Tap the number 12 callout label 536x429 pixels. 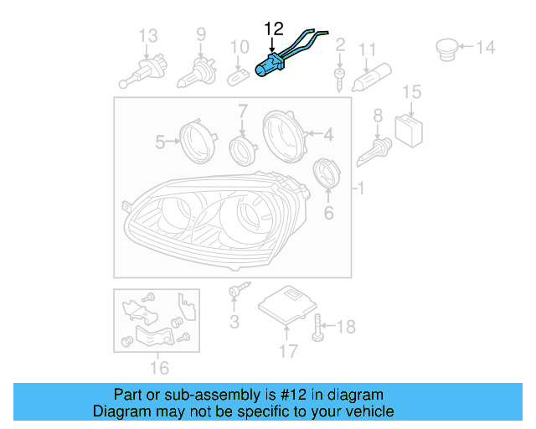[x=274, y=29]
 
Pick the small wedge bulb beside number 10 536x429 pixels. [x=238, y=76]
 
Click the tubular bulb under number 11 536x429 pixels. [x=368, y=79]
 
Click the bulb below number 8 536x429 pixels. [x=374, y=152]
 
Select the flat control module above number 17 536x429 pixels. [x=288, y=307]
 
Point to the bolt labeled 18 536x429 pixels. [x=318, y=326]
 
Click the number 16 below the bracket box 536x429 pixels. [x=158, y=367]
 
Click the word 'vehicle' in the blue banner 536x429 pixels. [x=368, y=411]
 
